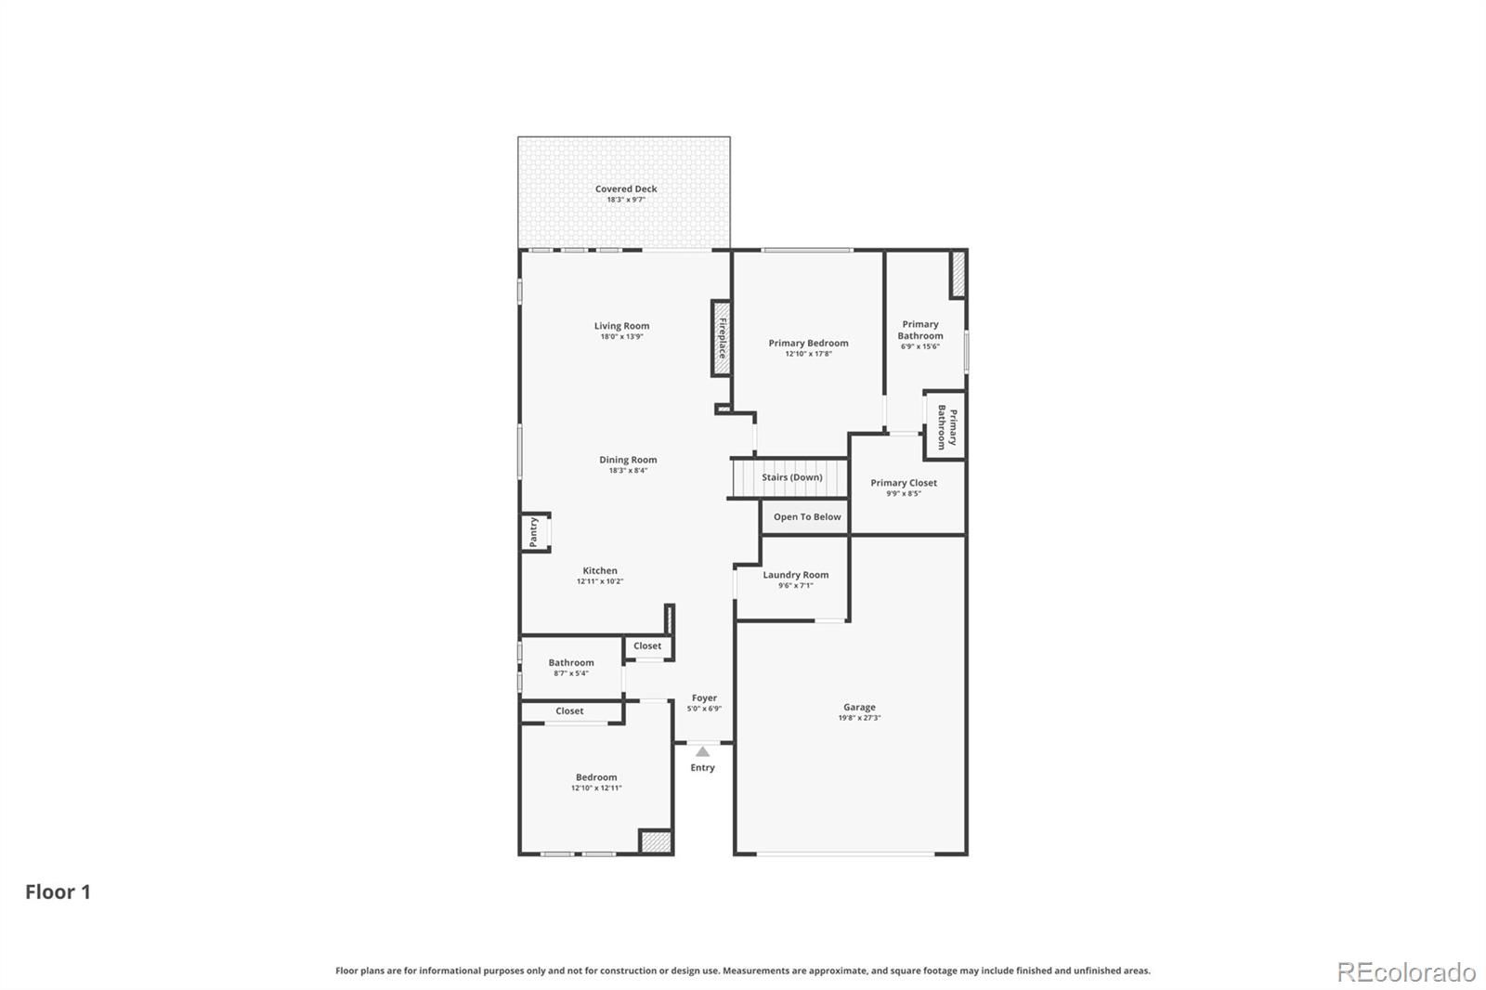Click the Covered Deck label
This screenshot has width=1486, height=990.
[626, 189]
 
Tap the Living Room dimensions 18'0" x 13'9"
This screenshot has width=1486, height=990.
[621, 336]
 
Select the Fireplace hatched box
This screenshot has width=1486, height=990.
[721, 338]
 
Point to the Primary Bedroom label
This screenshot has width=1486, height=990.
[808, 343]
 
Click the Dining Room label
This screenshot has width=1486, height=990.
[628, 459]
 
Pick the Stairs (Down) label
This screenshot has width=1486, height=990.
[791, 477]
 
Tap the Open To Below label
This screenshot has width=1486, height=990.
[807, 517]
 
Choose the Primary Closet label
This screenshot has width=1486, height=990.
[904, 483]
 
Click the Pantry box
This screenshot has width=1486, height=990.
[535, 532]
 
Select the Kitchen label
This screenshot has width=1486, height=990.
[600, 570]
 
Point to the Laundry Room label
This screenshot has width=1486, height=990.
[795, 575]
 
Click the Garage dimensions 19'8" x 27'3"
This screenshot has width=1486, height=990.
[859, 718]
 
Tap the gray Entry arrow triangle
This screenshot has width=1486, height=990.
[702, 752]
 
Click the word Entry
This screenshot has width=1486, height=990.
[702, 768]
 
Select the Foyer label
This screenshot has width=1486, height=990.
[704, 698]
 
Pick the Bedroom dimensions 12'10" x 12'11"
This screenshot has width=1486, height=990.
[596, 788]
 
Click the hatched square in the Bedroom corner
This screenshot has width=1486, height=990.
[656, 841]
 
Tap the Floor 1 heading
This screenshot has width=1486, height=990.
[58, 892]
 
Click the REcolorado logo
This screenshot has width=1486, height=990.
[1406, 972]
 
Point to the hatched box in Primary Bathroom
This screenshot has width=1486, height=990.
[958, 274]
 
